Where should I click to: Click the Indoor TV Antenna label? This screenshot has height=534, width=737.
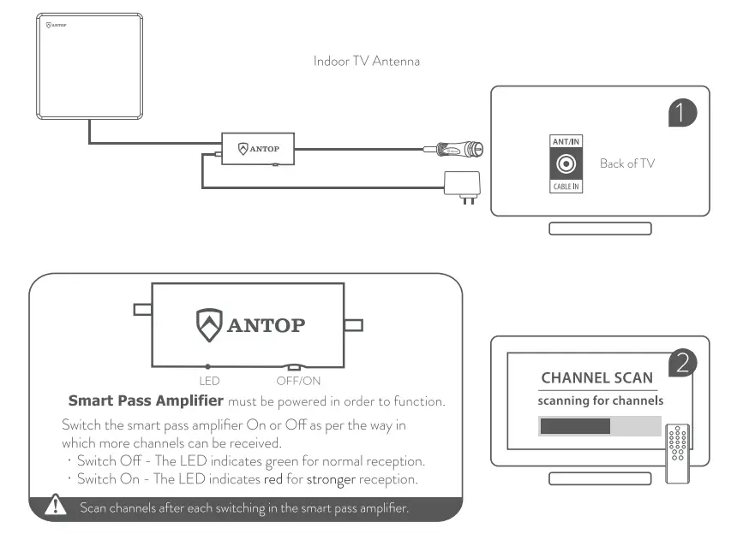pos(366,62)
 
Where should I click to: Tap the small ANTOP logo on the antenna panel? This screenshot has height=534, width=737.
pos(55,25)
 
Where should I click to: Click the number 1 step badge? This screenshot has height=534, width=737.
pos(682,112)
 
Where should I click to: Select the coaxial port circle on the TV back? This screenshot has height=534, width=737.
pos(566,163)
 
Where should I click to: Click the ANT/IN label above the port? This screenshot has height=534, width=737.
pos(566,141)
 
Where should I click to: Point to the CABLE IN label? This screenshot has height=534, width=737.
pos(566,186)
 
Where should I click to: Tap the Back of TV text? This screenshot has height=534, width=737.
pos(626,163)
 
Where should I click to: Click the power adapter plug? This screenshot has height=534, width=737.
pos(463,183)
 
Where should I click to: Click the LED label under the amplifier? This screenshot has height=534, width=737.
pos(210,380)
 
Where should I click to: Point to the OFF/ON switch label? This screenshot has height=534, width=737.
pos(298,380)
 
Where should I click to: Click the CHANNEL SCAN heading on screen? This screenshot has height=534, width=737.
pos(596,377)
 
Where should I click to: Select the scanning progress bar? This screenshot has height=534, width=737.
pos(599,426)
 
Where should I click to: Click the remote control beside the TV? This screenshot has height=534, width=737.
pos(678,453)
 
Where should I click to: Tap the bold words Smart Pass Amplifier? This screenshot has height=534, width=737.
pos(146,400)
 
